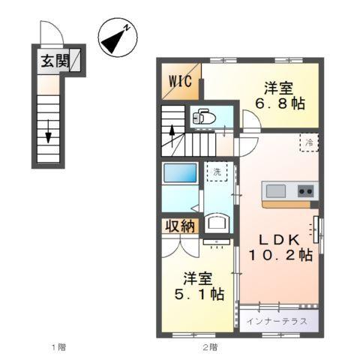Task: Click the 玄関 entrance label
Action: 55,60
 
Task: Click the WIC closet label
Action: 180,80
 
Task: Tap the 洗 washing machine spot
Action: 217,172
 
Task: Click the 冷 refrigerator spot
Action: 308,141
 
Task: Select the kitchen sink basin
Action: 277,190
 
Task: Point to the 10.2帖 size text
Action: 280,256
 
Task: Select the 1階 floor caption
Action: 58,346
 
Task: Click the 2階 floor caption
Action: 209,346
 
